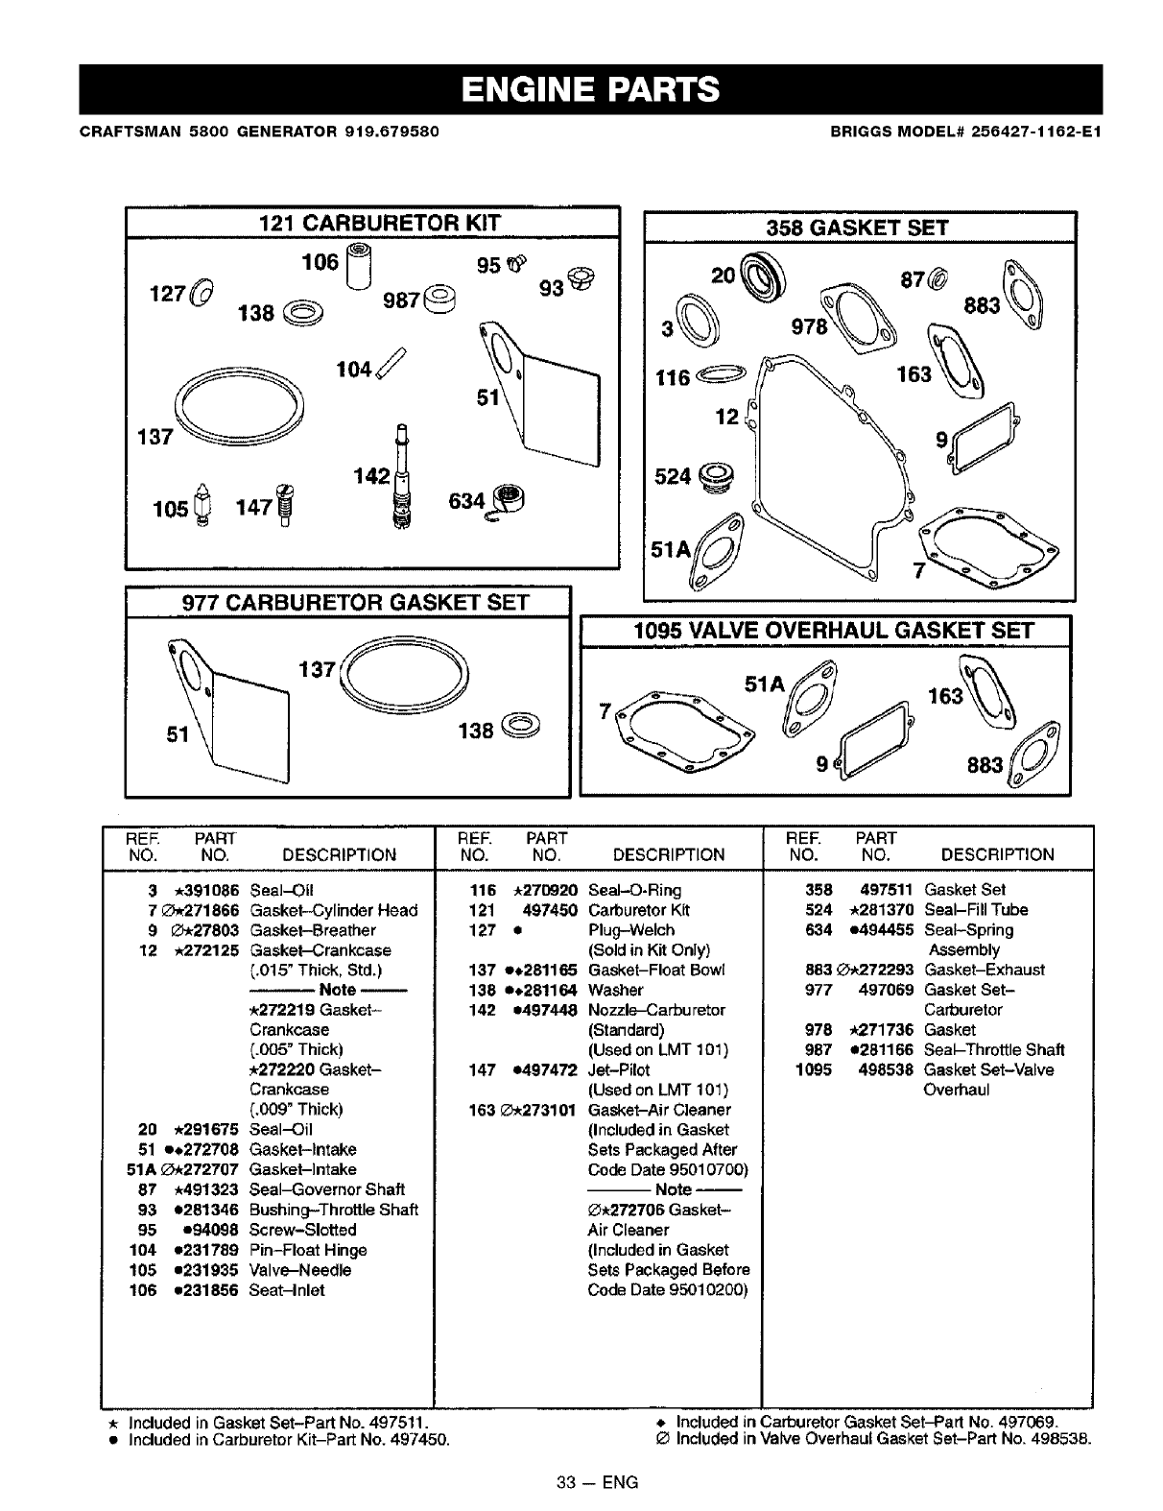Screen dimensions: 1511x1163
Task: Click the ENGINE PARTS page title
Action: (589, 89)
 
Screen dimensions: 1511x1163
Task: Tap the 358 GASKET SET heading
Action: (857, 228)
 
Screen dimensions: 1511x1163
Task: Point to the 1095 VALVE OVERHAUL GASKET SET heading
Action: (833, 631)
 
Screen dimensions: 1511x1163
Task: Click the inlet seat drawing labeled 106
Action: (359, 264)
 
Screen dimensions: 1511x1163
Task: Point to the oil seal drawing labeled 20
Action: (767, 278)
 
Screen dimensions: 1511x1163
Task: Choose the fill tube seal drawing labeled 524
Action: (717, 476)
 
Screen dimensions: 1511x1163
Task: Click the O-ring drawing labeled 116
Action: (722, 374)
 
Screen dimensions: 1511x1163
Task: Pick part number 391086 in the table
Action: (206, 890)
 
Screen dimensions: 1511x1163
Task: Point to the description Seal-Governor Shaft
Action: (326, 1189)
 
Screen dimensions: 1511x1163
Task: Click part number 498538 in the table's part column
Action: (885, 1069)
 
